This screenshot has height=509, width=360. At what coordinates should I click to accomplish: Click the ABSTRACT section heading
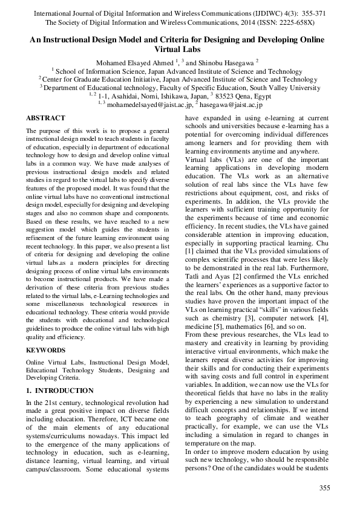(45, 118)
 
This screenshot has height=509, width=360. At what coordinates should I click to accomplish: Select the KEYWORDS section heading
(46, 350)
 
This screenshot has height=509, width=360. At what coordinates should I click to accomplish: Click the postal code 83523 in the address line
(226, 96)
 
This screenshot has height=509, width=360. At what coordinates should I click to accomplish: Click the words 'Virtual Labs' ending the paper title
(180, 49)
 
